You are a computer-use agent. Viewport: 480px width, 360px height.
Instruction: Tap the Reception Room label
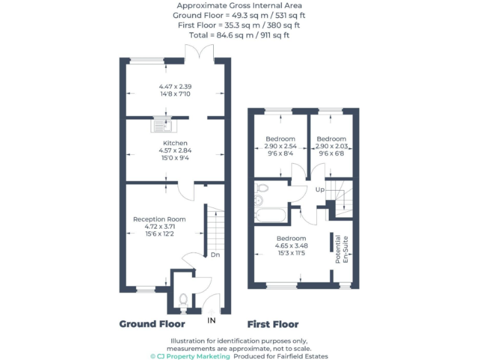(159, 219)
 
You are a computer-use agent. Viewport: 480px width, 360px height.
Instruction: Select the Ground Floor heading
(152, 324)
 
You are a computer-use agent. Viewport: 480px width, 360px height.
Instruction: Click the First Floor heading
(272, 324)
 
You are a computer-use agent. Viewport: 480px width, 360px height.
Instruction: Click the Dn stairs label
(214, 254)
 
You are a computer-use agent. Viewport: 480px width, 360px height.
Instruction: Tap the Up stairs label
(320, 189)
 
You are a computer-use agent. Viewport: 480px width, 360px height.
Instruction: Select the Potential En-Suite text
(342, 249)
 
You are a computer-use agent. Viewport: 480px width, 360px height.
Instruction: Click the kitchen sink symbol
(160, 125)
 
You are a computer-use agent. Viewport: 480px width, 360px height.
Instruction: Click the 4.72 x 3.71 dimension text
(159, 227)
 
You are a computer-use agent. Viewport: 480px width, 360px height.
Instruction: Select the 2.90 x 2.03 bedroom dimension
(331, 146)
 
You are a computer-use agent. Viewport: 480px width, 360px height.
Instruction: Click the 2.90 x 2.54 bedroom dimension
(280, 146)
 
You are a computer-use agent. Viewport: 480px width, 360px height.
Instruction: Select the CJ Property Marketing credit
(191, 356)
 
